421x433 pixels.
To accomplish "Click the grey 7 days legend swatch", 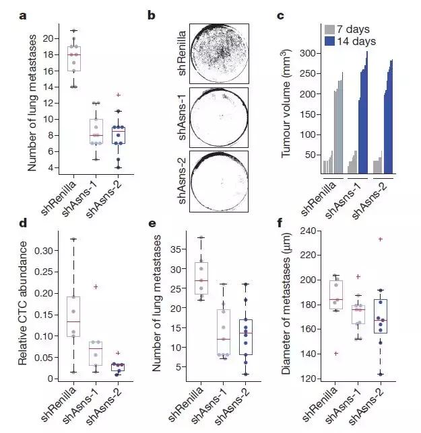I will pos(330,30).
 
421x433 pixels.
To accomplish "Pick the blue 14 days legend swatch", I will pos(330,41).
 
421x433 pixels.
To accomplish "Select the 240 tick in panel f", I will pos(306,231).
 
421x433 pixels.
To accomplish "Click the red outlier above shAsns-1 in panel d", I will pos(96,286).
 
